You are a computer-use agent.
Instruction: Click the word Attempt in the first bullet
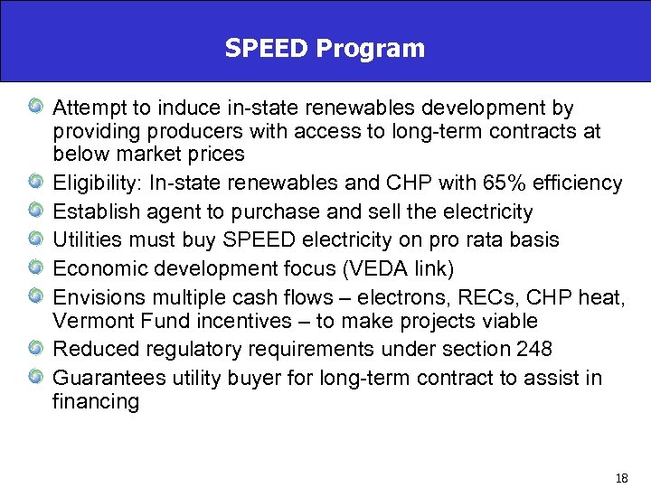pyautogui.click(x=89, y=108)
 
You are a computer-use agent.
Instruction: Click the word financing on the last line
pyautogui.click(x=96, y=402)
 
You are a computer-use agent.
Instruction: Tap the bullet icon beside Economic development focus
pyautogui.click(x=33, y=267)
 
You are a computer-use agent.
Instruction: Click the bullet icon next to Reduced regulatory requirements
pyautogui.click(x=33, y=350)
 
